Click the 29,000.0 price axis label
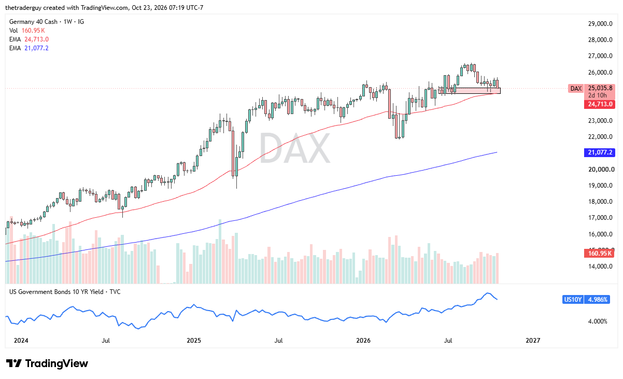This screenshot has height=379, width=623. coord(600,24)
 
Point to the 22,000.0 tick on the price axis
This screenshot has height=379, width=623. coord(600,137)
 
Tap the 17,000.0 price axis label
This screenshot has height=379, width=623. coord(600,218)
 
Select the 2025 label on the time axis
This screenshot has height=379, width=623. coord(193,340)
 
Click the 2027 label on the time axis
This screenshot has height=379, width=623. coord(533,340)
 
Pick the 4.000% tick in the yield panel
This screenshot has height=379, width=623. coord(598,321)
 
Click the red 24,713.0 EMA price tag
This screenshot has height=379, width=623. coord(599,104)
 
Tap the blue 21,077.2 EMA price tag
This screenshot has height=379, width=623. coord(599,152)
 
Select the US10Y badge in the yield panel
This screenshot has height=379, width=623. coord(573,300)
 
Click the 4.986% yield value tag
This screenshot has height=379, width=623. coord(597,300)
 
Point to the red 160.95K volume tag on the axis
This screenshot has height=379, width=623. coord(599,253)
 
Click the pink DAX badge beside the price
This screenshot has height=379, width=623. coord(576,89)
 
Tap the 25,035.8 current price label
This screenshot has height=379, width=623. coord(600,88)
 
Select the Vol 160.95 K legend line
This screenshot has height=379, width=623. coord(27,31)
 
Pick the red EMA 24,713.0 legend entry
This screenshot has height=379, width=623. coord(29,39)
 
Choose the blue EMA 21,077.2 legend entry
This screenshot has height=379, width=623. coord(29,48)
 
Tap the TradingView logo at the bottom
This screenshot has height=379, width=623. coord(47,363)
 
